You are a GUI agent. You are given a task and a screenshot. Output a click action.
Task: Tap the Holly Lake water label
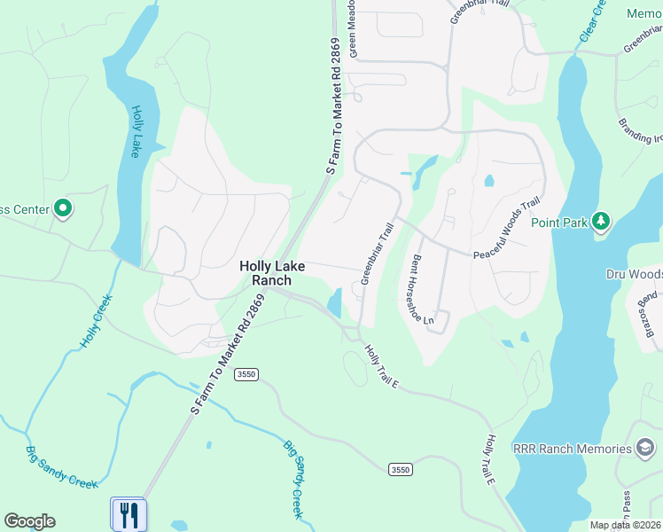pos(136,131)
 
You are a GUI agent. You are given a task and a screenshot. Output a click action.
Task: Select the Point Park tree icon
pos(601,220)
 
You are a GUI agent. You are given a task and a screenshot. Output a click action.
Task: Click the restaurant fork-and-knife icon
pos(129,513)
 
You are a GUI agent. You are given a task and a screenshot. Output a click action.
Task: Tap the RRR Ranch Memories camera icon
pos(646,449)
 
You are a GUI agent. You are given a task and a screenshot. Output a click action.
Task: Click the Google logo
pos(29,521)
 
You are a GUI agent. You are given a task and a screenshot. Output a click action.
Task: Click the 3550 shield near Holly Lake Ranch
pos(246,375)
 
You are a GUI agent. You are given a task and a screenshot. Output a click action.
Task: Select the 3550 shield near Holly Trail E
pos(400,468)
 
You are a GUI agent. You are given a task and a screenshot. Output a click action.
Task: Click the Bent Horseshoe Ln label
pos(422,288)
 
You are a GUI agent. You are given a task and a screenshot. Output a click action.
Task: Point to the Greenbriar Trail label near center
pos(377,254)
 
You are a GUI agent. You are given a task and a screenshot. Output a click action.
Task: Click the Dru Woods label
pos(634,274)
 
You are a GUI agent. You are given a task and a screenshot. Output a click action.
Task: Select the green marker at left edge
pos(62,209)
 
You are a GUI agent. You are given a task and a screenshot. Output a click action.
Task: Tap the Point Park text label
pos(559,223)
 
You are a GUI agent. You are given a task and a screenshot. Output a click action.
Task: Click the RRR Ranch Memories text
pos(573,449)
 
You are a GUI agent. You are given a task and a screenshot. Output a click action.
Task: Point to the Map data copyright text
pos(626,525)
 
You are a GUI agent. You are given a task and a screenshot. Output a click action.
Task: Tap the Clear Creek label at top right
pos(592,21)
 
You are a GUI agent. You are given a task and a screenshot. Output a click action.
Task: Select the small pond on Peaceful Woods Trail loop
pos(489,181)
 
